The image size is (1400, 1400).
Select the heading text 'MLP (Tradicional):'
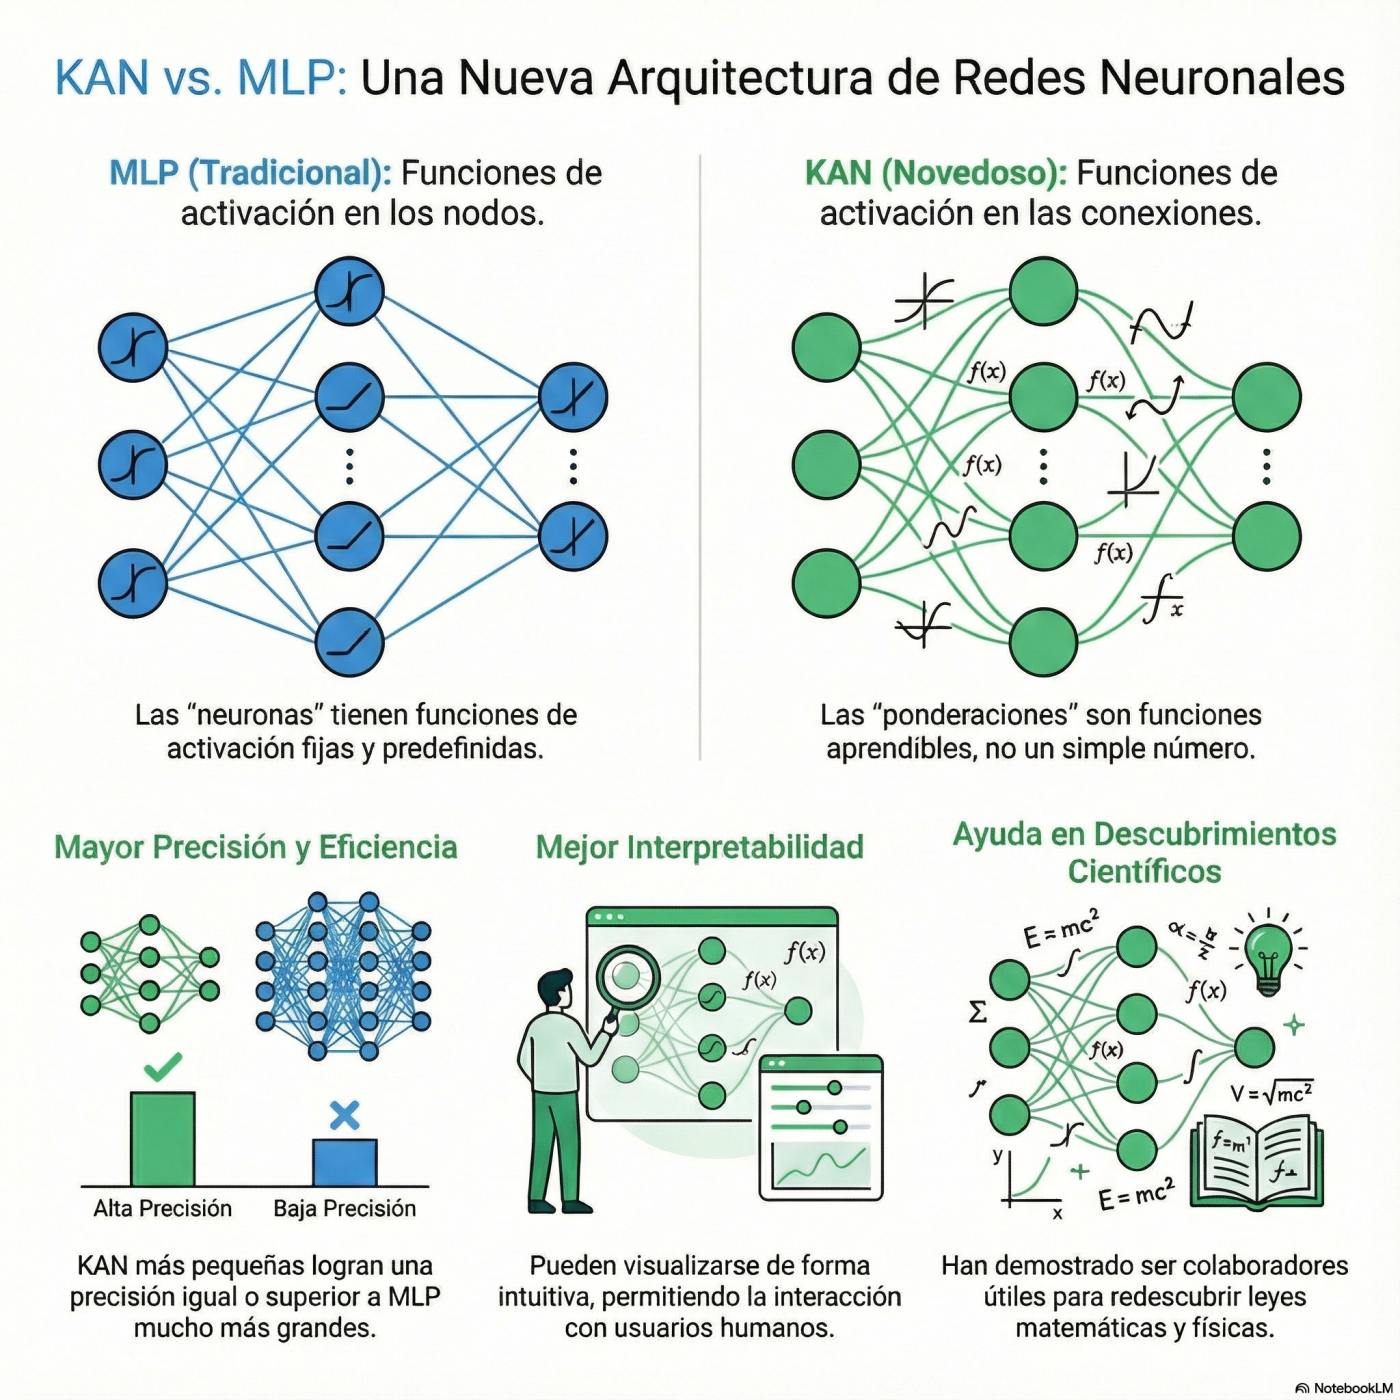(250, 173)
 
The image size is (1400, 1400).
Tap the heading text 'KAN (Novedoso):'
(936, 173)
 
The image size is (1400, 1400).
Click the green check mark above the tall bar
(163, 1067)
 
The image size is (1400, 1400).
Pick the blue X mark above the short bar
(344, 1115)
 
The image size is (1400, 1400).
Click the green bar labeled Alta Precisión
(163, 1139)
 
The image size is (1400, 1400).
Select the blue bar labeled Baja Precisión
(345, 1162)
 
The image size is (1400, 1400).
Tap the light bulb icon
(1268, 955)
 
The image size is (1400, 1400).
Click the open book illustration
(1257, 1162)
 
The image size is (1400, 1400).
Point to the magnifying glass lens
(627, 975)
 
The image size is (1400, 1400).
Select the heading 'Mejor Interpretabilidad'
(699, 847)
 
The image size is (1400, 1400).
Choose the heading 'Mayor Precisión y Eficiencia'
(255, 847)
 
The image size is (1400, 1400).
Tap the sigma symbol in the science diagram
(978, 1012)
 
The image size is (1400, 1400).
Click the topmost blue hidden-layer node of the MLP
(349, 292)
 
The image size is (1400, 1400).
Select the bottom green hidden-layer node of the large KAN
(1043, 641)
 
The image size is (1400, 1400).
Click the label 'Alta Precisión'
(163, 1208)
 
